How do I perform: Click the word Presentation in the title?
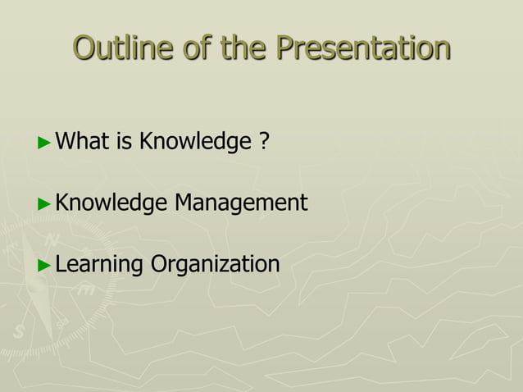pyautogui.click(x=364, y=48)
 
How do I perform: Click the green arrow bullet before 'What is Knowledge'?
pyautogui.click(x=45, y=143)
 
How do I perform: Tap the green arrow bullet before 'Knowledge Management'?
pyautogui.click(x=45, y=203)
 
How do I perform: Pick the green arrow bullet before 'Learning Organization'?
pyautogui.click(x=45, y=265)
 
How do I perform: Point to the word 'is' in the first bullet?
pyautogui.click(x=125, y=142)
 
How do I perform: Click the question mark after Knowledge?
pyautogui.click(x=264, y=142)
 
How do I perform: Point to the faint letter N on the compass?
pyautogui.click(x=51, y=240)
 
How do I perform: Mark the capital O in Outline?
pyautogui.click(x=84, y=48)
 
